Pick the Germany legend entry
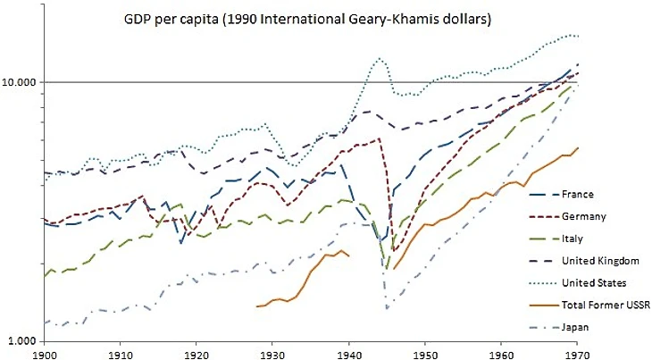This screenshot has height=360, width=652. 585,217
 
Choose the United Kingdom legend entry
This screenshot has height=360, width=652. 600,261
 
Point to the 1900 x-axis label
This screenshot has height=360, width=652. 43,353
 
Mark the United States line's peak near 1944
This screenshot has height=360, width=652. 380,59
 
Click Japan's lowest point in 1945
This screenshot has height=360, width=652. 387,308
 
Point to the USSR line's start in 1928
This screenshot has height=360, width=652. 257,306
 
